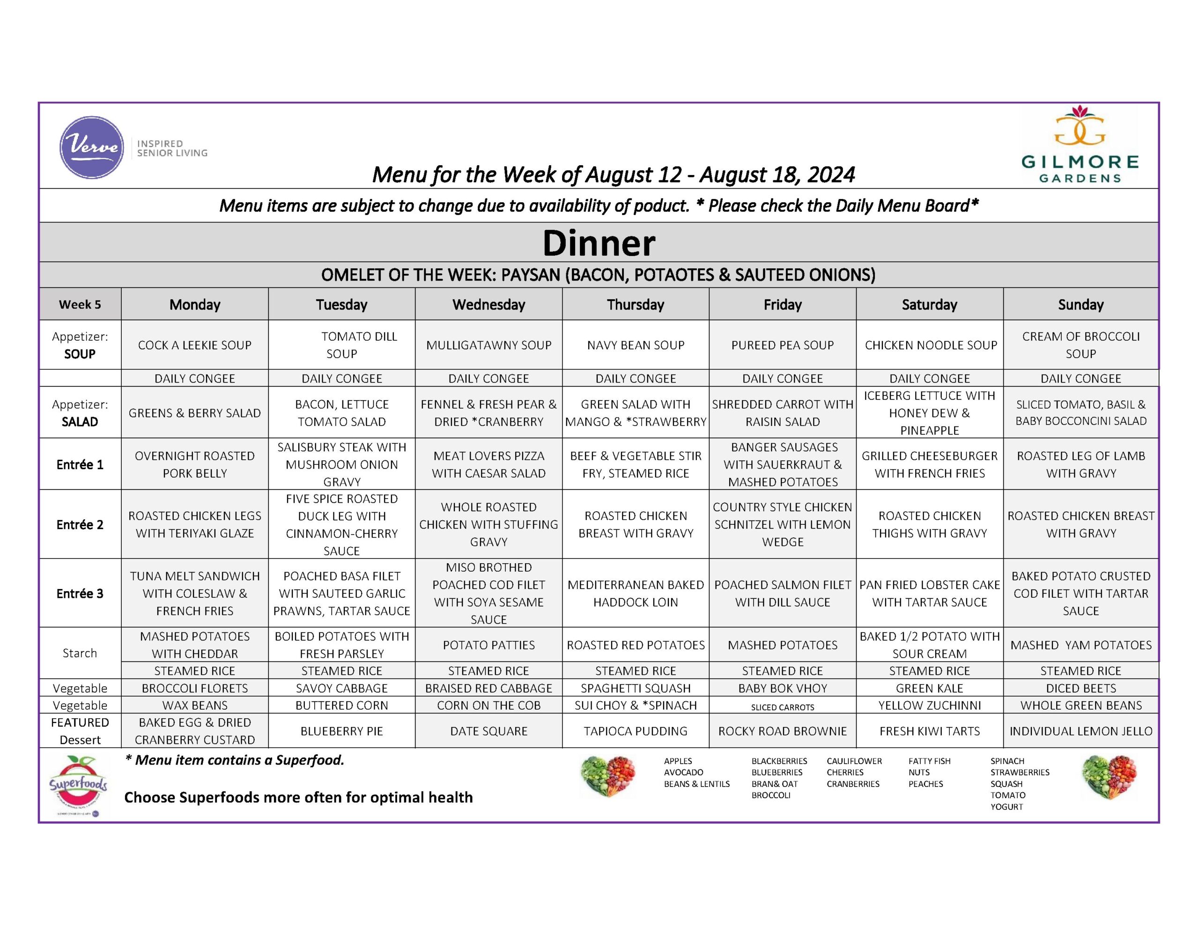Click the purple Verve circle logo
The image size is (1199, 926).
pos(91,147)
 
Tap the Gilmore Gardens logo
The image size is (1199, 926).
pos(1079,145)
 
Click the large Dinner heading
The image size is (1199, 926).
pos(599,243)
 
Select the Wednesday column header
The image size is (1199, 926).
pos(488,305)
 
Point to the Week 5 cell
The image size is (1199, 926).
pos(80,305)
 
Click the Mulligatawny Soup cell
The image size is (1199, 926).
pos(488,345)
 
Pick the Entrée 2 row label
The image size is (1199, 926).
pos(80,525)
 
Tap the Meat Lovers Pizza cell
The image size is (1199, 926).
pos(488,464)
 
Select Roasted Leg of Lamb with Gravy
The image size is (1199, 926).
pos(1081,464)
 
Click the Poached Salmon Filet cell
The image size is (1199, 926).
pos(782,593)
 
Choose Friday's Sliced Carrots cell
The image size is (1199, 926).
pos(782,707)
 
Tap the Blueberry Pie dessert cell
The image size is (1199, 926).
pos(341,731)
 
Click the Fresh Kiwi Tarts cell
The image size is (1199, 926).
pos(929,731)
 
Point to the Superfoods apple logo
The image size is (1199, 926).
pos(79,785)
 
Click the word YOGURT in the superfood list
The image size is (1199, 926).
pos(1007,806)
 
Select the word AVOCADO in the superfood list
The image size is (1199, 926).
pos(683,772)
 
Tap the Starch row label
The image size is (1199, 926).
pos(80,653)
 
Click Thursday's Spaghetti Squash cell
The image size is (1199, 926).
pos(635,688)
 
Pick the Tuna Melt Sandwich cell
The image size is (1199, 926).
pos(195,593)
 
